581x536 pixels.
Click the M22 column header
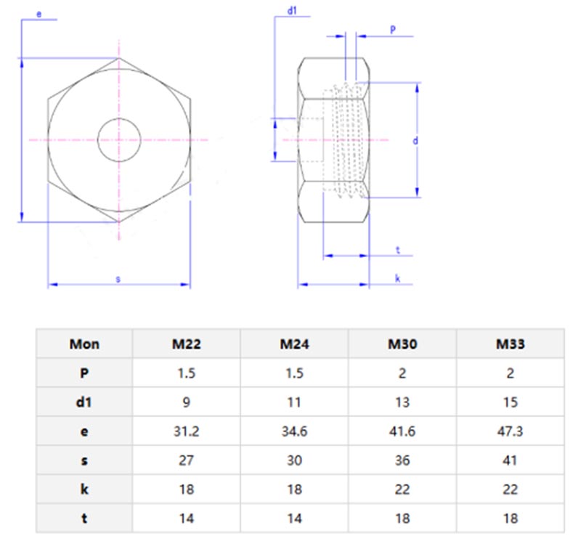click(x=186, y=344)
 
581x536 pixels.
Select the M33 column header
click(x=510, y=344)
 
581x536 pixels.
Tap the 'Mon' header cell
click(x=84, y=344)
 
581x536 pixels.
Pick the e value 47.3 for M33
click(x=510, y=431)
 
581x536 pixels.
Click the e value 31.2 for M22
click(x=186, y=431)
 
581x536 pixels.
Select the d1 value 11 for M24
click(x=294, y=402)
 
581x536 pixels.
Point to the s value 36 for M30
click(x=402, y=460)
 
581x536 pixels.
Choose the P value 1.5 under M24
click(x=294, y=373)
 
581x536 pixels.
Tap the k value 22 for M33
click(x=510, y=489)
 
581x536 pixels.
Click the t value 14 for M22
click(x=186, y=518)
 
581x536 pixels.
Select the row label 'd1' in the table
click(x=84, y=402)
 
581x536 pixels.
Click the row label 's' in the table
click(x=84, y=460)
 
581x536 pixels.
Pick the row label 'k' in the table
click(x=84, y=489)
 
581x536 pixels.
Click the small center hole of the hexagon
click(x=119, y=139)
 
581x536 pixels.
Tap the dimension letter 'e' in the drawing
click(x=38, y=13)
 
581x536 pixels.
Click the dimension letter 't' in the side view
click(x=398, y=250)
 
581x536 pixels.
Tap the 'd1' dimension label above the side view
click(x=292, y=11)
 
